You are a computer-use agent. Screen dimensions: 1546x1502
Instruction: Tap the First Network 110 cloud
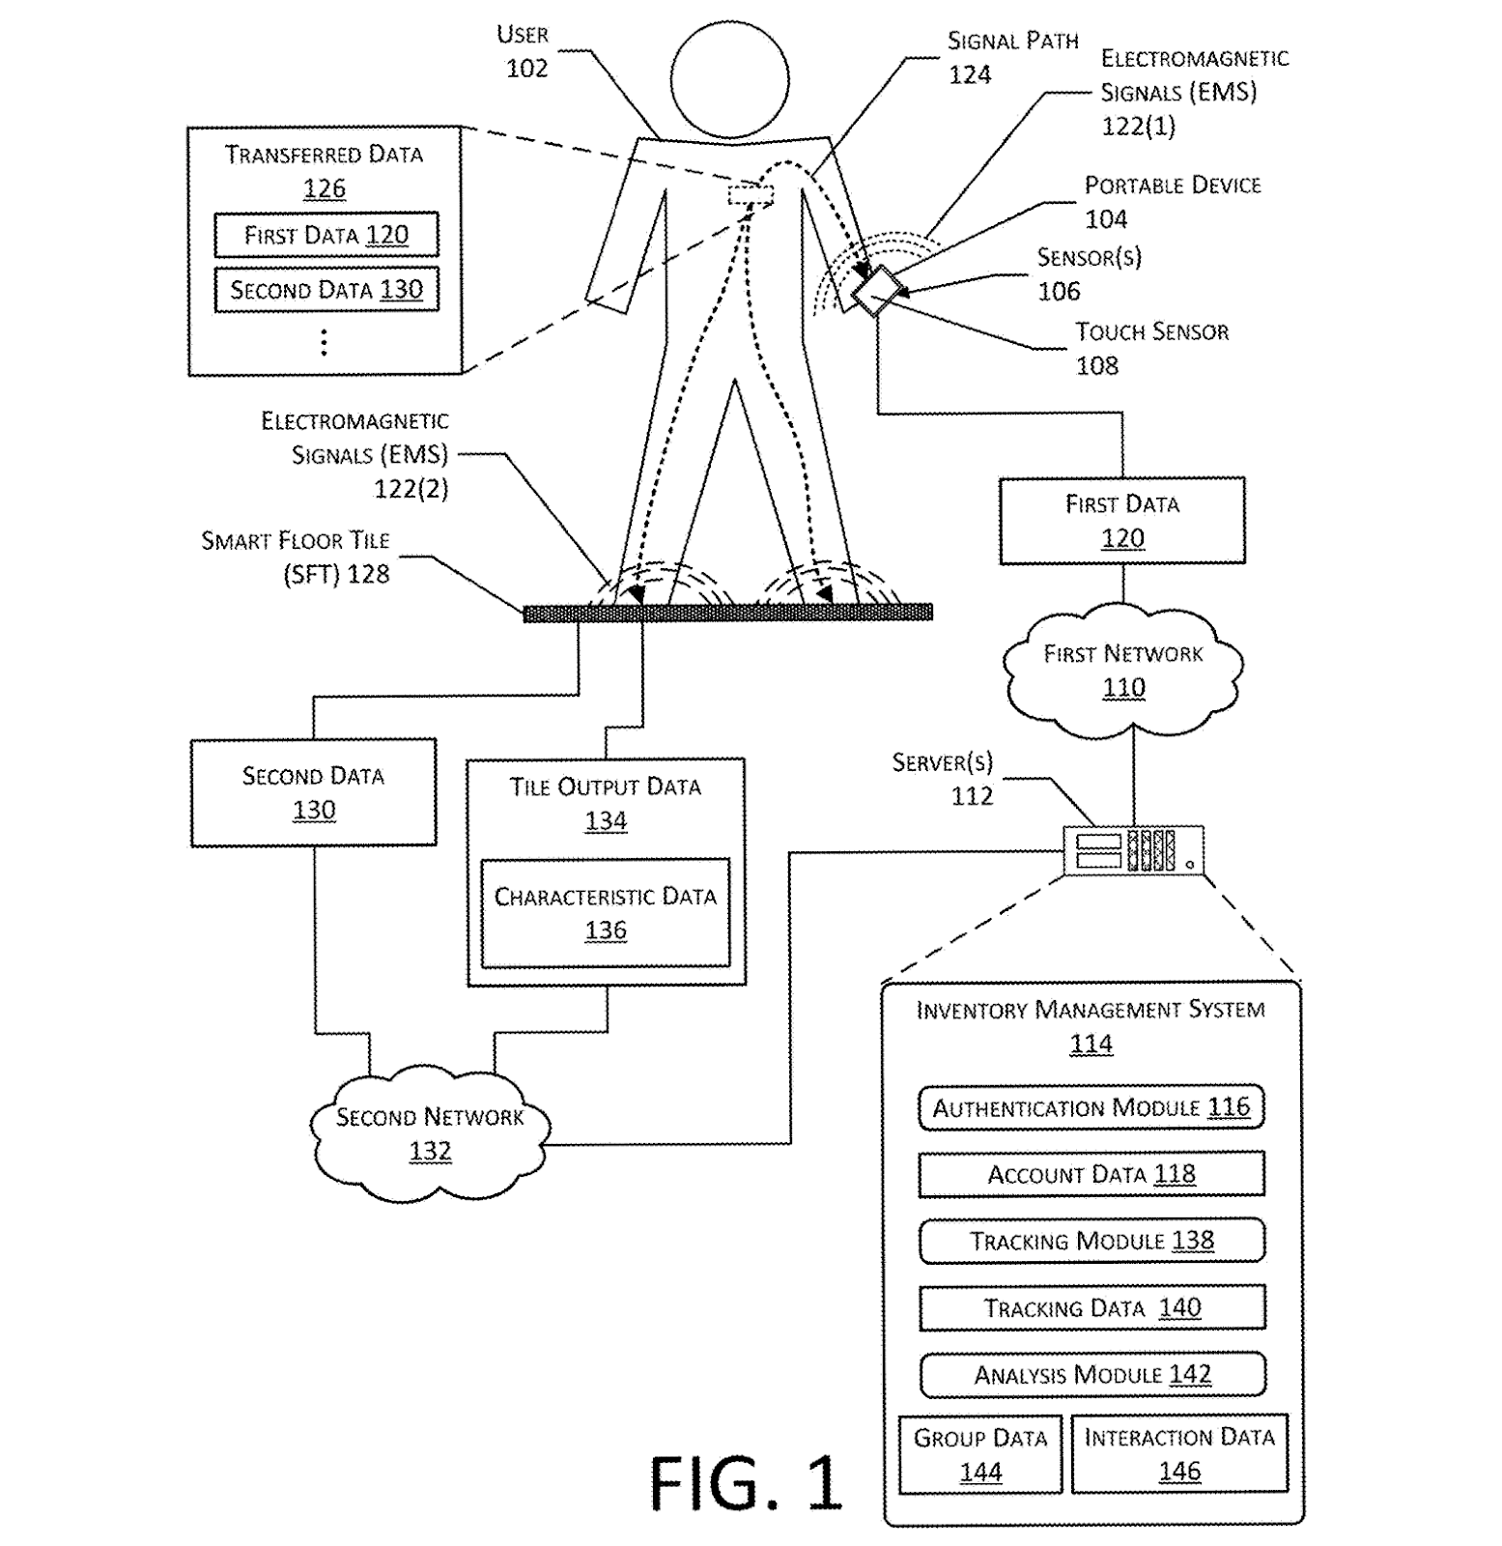[x=1122, y=670]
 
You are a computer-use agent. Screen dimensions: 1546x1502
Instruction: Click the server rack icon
[x=1133, y=850]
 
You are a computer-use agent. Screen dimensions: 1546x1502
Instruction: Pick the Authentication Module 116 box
[x=1091, y=1107]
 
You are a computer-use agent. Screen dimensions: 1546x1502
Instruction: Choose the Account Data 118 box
[x=1091, y=1174]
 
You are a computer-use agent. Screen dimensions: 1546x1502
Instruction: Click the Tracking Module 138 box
[x=1091, y=1241]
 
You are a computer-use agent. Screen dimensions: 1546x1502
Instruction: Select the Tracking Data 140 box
[x=1091, y=1307]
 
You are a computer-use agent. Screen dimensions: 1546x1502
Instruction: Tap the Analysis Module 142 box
[x=1091, y=1374]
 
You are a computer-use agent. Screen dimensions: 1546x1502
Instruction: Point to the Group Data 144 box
[x=979, y=1454]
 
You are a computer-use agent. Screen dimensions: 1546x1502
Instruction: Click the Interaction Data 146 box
[x=1179, y=1453]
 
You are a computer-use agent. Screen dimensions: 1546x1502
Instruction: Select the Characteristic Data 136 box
[x=606, y=913]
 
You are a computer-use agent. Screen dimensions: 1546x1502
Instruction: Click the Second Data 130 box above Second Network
[x=313, y=792]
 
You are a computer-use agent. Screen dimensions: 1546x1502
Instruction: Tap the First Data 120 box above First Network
[x=1121, y=520]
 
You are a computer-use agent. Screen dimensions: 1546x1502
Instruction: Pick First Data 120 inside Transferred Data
[x=326, y=235]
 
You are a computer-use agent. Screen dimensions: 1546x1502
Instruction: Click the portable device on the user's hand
[x=875, y=289]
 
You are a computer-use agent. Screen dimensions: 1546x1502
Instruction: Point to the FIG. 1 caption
[x=746, y=1483]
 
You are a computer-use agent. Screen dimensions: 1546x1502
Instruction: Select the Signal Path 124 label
[x=1010, y=57]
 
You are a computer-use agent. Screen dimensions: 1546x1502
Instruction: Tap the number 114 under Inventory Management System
[x=1091, y=1044]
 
